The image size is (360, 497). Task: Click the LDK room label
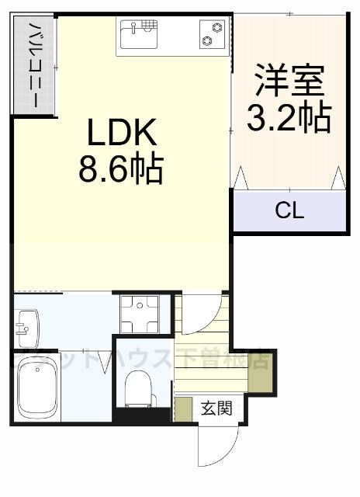tap(123, 134)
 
